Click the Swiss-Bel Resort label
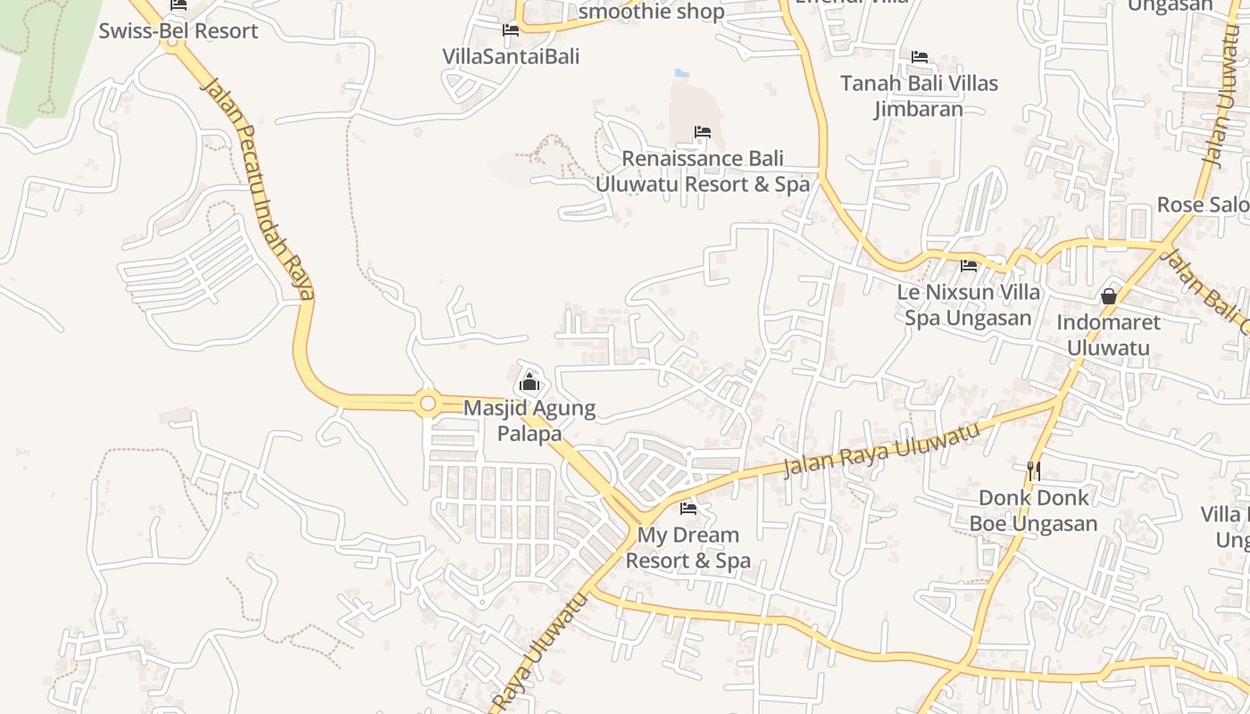pos(178,31)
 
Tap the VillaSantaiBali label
pos(511,56)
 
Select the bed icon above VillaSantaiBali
pos(511,30)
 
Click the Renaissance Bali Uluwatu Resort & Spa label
pos(702,171)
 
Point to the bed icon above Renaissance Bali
pos(703,133)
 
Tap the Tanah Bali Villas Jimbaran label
pos(919,95)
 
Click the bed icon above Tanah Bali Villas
pos(920,57)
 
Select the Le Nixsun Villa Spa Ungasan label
pos(968,304)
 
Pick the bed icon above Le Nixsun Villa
pos(969,266)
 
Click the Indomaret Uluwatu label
pos(1108,334)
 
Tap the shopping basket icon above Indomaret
pos(1109,295)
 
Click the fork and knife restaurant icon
pos(1034,470)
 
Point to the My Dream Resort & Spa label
pos(687,548)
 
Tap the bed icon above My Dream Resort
pos(688,509)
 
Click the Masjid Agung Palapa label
pos(529,420)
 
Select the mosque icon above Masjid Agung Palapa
pos(529,382)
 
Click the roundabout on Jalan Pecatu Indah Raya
pos(428,404)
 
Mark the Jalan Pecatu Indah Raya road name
pos(259,187)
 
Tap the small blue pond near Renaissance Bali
pos(682,73)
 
